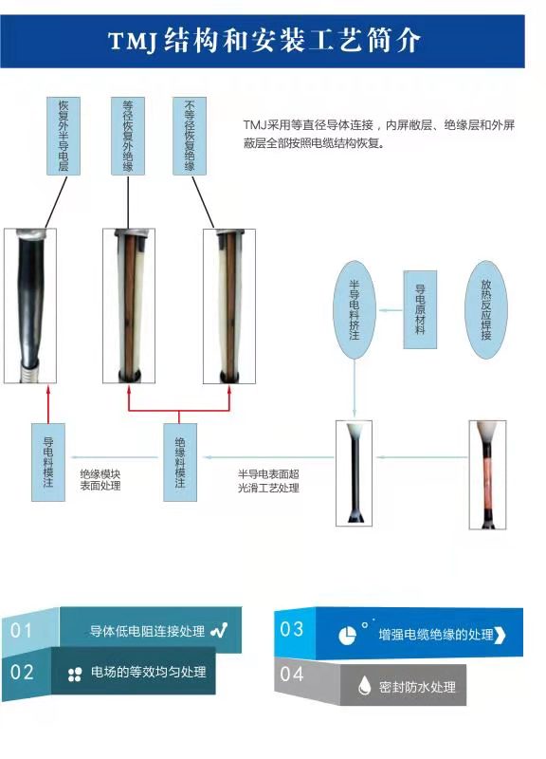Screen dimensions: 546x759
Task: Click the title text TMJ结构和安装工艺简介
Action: (264, 41)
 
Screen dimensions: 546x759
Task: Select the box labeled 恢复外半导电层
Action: (64, 136)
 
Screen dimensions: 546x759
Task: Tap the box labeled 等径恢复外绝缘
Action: (128, 136)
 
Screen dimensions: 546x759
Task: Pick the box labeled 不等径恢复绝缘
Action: (190, 136)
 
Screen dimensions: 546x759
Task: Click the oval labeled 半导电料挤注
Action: (355, 310)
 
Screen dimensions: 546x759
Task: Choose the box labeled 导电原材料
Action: (420, 310)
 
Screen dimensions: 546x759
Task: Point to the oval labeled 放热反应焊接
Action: (486, 310)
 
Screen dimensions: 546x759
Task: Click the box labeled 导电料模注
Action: (48, 462)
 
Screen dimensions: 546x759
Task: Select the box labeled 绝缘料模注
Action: (180, 462)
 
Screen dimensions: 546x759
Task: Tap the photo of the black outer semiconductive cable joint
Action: (30, 305)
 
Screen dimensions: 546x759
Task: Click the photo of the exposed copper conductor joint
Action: (487, 474)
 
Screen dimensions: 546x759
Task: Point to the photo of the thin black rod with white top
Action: (354, 472)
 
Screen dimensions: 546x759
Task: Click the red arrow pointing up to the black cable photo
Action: (48, 404)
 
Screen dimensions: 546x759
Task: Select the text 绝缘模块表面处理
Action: (100, 480)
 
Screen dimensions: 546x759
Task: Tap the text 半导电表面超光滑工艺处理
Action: (268, 481)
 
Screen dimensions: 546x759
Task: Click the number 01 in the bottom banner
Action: (21, 630)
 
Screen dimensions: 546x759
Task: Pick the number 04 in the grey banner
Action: (292, 674)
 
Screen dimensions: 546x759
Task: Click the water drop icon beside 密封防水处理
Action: (364, 685)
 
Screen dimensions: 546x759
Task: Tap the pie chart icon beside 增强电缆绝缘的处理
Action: (347, 635)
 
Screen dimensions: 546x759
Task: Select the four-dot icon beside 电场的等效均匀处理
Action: (75, 674)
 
